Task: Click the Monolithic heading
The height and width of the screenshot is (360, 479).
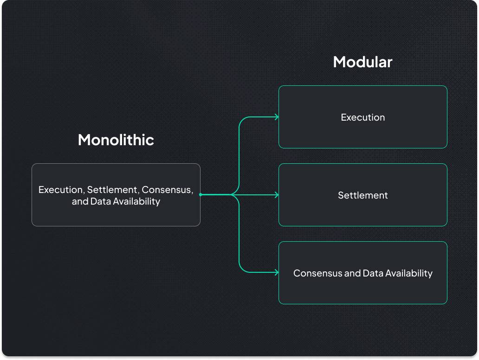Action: coord(116,140)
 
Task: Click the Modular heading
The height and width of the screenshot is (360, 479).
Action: coord(362,62)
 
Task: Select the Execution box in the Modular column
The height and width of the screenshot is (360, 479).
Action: coord(363,117)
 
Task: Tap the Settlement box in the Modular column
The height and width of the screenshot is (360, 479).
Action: coord(363,195)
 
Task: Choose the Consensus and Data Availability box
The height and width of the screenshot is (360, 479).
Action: coord(363,273)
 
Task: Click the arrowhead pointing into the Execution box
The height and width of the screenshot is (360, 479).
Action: coord(277,117)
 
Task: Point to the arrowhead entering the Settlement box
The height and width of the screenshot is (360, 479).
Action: coord(277,195)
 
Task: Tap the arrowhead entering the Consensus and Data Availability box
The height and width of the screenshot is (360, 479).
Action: coord(277,272)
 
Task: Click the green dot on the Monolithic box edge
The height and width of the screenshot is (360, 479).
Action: coord(201,194)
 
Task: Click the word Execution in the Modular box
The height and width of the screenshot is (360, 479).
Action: coord(363,117)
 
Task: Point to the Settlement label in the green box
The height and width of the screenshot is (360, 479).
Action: coord(363,195)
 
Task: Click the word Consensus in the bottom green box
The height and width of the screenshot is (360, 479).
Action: coord(317,273)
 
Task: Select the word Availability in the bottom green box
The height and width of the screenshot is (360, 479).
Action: coord(409,273)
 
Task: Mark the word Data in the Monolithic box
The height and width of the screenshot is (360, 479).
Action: coord(101,201)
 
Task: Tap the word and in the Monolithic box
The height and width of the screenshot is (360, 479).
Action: coord(80,201)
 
